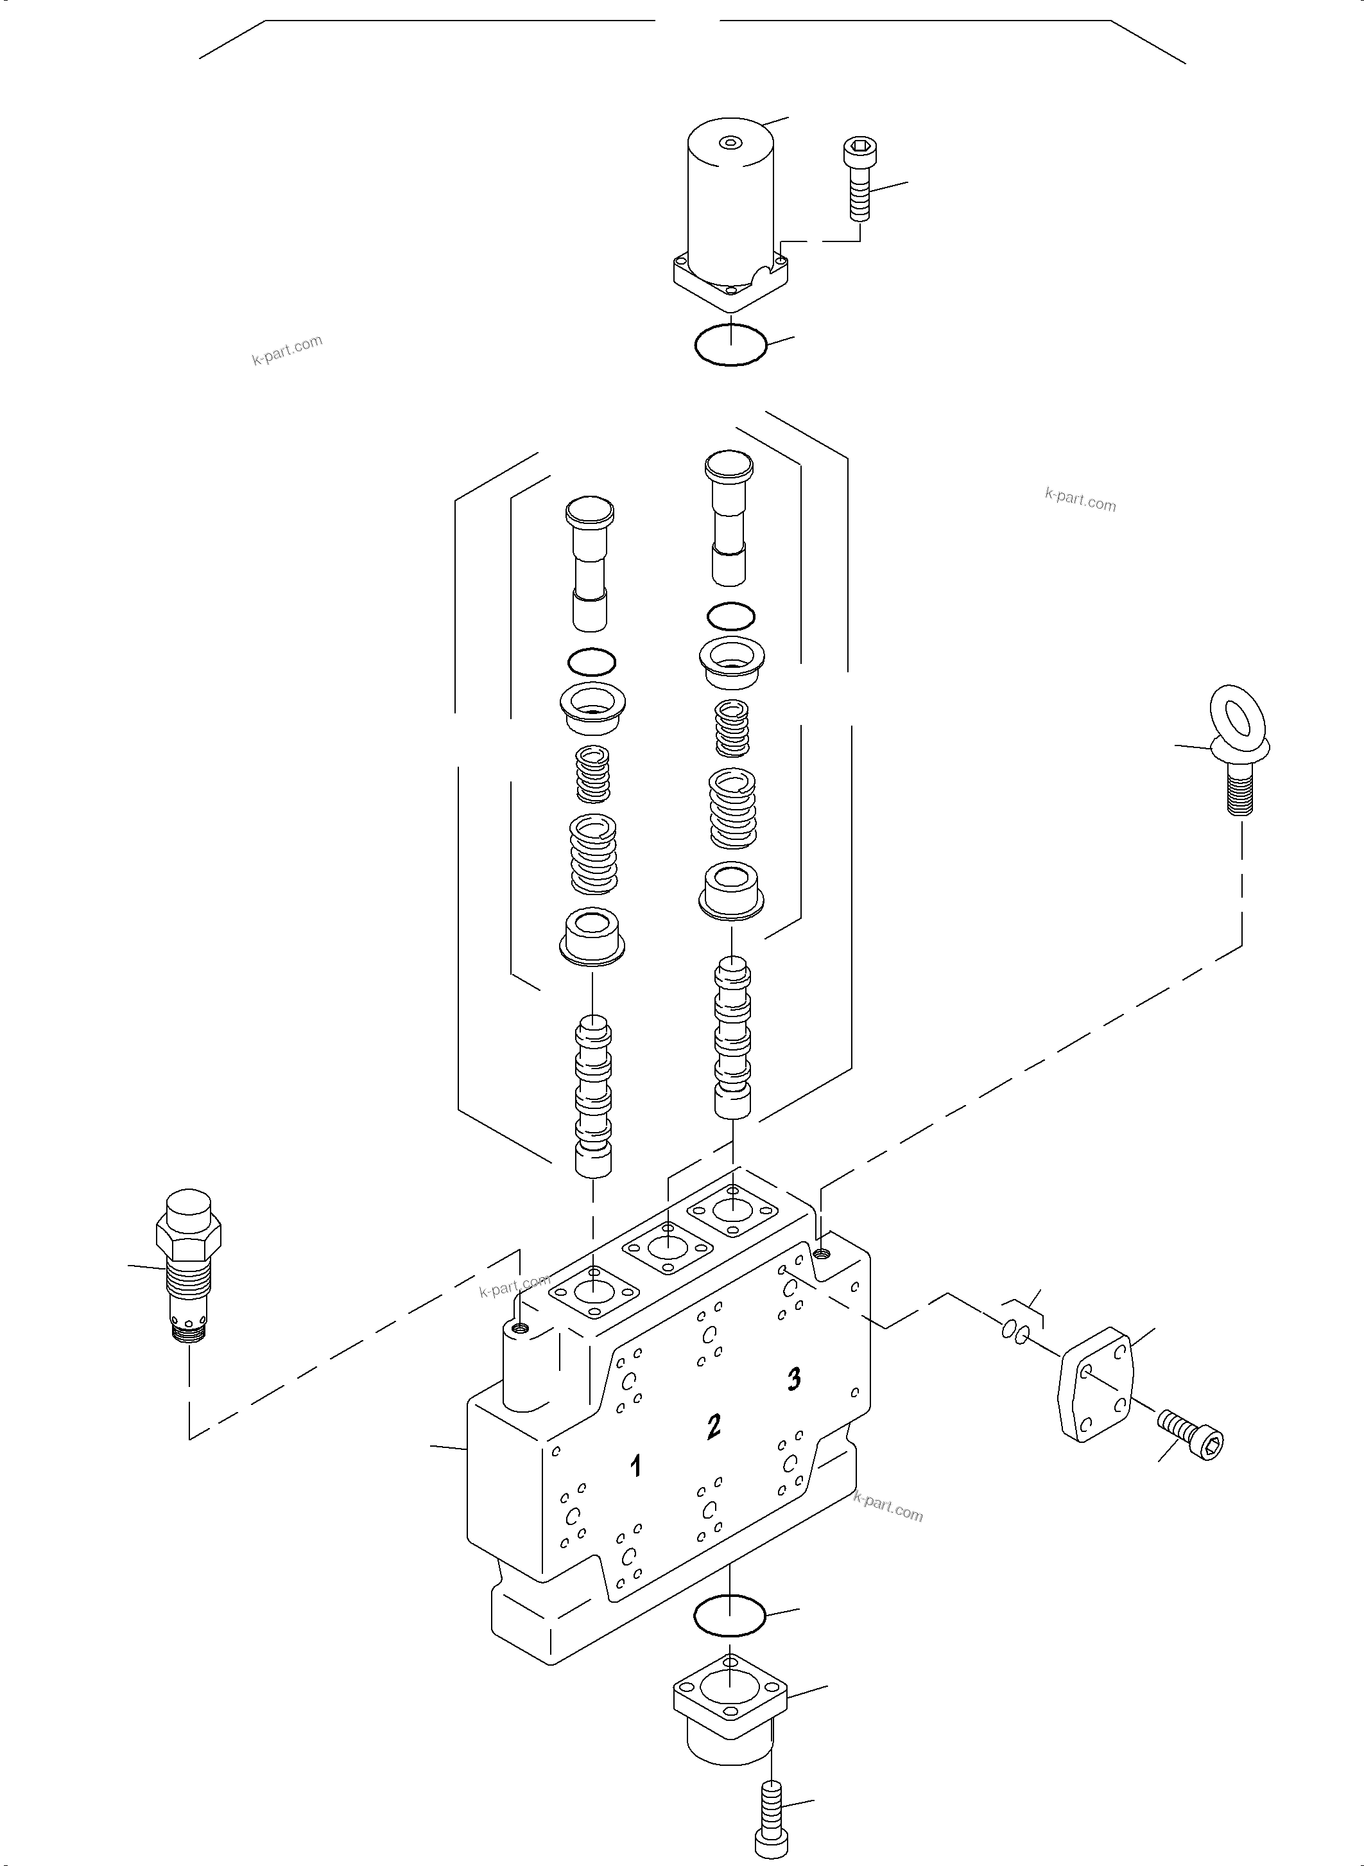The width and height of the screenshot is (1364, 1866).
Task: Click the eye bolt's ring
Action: point(1238,715)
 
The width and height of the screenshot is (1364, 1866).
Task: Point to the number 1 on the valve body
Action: point(635,1466)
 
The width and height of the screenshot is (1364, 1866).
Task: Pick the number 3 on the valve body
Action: point(793,1378)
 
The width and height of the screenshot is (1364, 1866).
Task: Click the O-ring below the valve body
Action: point(730,1615)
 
